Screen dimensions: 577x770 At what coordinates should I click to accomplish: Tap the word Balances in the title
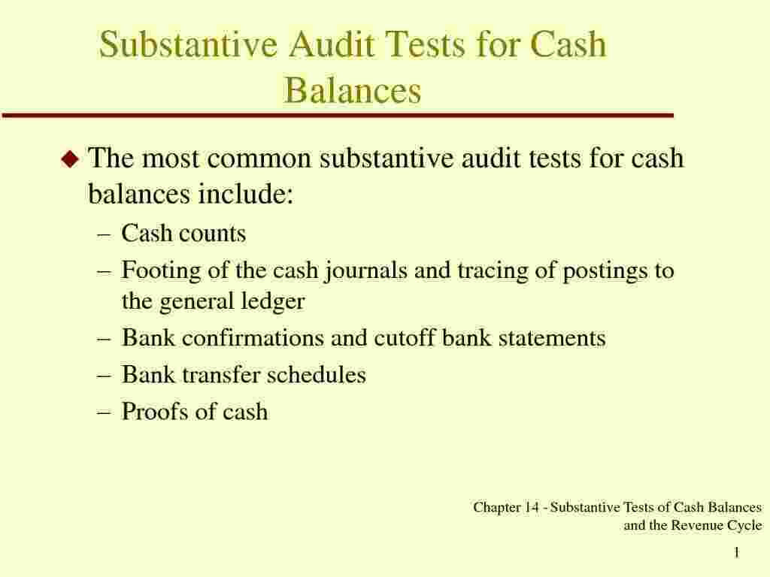pos(353,91)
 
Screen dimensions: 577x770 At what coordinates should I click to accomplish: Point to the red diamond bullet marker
pos(70,159)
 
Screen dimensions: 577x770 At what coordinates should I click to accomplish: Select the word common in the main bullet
pos(261,159)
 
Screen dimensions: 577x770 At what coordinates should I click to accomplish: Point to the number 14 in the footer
pos(532,508)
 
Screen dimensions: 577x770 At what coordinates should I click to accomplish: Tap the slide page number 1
pos(737,554)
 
